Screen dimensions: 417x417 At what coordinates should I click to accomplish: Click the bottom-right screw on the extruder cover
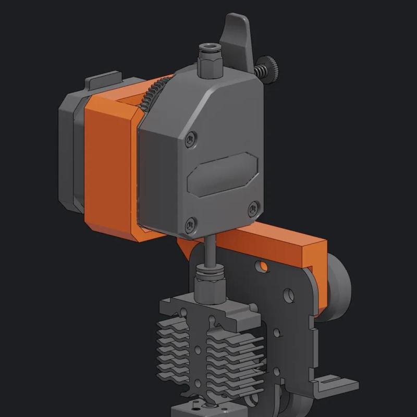[x=254, y=206]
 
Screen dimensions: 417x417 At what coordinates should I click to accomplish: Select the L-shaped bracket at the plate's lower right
[x=334, y=383]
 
